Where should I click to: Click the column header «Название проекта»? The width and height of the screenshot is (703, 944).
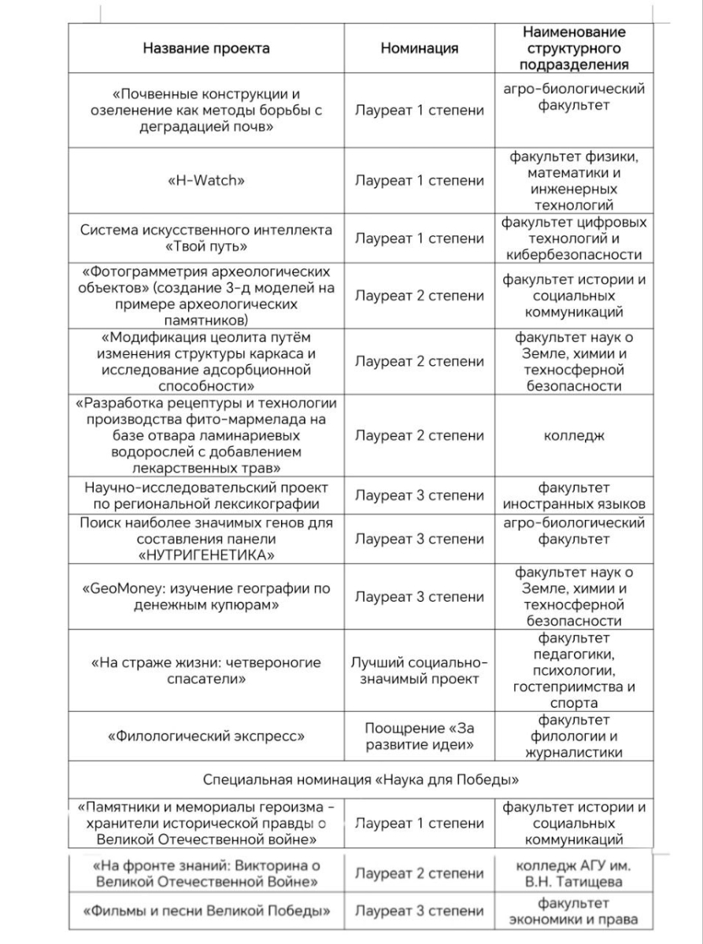[x=206, y=48]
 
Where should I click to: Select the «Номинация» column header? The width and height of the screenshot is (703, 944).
[x=419, y=48]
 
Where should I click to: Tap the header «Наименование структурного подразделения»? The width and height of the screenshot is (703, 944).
[x=574, y=48]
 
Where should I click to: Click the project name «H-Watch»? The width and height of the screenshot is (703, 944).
[x=206, y=180]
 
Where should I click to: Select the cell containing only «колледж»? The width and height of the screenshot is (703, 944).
[x=574, y=435]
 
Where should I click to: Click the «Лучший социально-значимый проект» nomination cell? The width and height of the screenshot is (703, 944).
[x=419, y=670]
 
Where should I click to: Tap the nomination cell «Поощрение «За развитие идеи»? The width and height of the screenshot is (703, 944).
[x=419, y=736]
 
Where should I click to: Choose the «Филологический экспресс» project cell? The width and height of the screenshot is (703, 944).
[x=206, y=736]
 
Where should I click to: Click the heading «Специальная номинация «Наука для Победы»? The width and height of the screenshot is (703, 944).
[x=361, y=780]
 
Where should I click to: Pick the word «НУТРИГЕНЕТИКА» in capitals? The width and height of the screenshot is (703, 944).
[x=206, y=555]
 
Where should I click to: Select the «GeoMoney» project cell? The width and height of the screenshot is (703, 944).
[x=206, y=597]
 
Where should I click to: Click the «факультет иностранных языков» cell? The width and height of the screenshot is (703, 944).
[x=574, y=496]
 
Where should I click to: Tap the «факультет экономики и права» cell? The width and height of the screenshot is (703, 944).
[x=574, y=911]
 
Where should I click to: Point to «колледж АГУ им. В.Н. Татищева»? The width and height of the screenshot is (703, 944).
[x=574, y=873]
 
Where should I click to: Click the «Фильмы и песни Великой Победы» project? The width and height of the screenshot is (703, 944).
[x=206, y=911]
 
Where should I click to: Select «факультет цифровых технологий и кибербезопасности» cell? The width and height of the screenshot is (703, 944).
[x=574, y=238]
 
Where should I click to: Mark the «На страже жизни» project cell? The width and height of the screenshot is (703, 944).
[x=206, y=670]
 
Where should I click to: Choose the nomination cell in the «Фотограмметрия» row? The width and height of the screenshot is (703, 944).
[x=419, y=296]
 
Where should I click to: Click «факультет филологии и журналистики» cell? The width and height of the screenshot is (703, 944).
[x=574, y=736]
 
